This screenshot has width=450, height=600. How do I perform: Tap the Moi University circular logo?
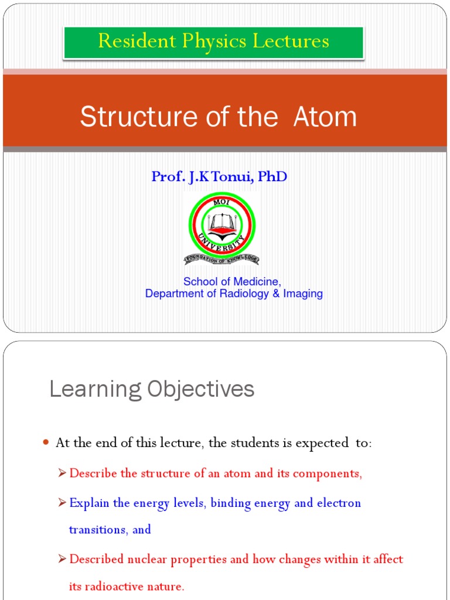pyautogui.click(x=221, y=225)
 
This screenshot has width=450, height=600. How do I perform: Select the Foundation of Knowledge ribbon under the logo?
pyautogui.click(x=221, y=259)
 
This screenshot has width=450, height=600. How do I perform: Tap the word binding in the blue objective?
pyautogui.click(x=230, y=503)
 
